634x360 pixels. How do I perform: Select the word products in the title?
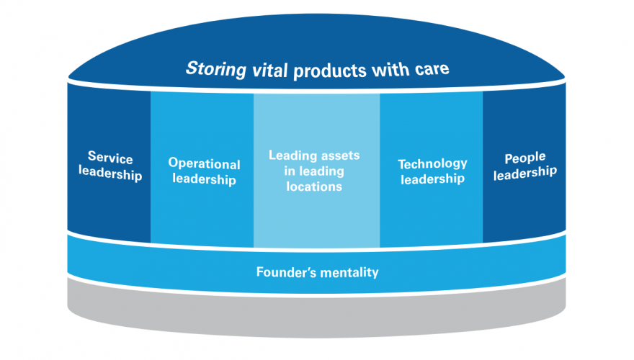click(x=317, y=71)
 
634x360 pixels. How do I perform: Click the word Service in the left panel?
click(x=110, y=156)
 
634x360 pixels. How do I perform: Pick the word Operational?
click(x=204, y=163)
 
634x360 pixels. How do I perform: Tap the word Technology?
click(x=432, y=163)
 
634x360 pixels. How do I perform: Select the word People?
click(x=524, y=157)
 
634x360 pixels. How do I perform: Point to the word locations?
click(x=313, y=186)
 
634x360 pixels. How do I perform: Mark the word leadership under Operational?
click(x=204, y=180)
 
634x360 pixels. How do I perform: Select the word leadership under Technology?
click(x=432, y=180)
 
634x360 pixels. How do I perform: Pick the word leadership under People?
click(x=524, y=173)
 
